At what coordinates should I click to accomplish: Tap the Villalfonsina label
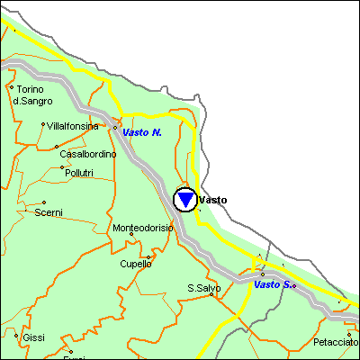tap(73, 127)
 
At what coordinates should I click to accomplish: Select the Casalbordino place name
tap(88, 154)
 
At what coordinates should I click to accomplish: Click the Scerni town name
tap(49, 212)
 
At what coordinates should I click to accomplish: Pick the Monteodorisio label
tap(142, 228)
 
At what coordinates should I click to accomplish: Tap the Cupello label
tap(136, 264)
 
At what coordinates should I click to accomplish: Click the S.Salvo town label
tap(202, 288)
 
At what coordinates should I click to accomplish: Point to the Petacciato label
tap(335, 343)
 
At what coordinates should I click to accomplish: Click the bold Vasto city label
tap(213, 200)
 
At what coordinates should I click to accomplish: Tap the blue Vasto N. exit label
tap(142, 132)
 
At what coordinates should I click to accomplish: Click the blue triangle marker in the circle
tap(185, 200)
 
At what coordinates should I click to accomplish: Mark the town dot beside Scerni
tap(43, 202)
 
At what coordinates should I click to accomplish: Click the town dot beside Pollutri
tap(62, 167)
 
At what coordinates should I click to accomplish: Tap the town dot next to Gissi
tap(16, 337)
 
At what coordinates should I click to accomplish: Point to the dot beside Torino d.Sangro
tap(11, 88)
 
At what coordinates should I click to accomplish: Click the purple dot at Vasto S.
tap(293, 285)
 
